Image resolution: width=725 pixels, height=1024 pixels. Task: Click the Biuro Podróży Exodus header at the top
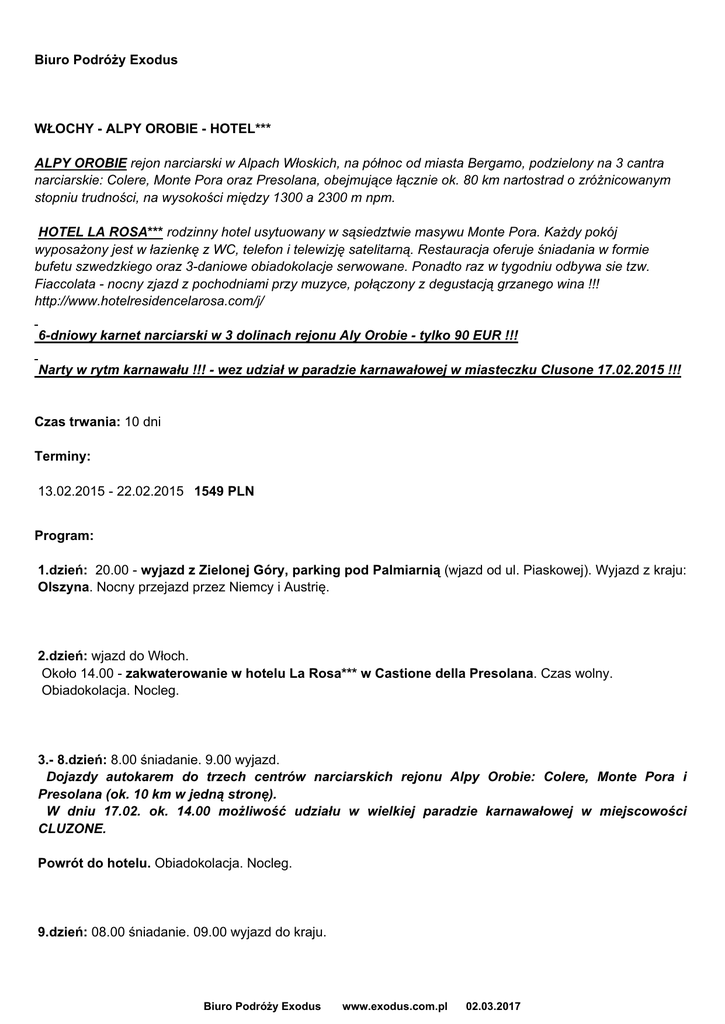106,60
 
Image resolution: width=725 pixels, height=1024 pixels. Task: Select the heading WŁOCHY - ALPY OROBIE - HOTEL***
153,129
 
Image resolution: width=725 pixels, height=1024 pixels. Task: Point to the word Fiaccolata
68,284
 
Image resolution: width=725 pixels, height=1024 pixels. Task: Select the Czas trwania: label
78,422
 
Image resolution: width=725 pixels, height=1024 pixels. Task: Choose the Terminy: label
63,456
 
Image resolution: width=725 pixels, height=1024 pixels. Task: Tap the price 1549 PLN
224,491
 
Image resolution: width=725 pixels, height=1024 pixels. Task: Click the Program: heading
64,536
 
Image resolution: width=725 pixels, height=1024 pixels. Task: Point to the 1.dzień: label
63,570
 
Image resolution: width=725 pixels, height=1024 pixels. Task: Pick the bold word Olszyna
65,588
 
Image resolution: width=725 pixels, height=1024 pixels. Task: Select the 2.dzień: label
63,655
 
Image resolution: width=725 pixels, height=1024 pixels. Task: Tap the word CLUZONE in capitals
71,829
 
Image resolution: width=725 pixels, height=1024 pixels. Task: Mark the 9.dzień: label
63,932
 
